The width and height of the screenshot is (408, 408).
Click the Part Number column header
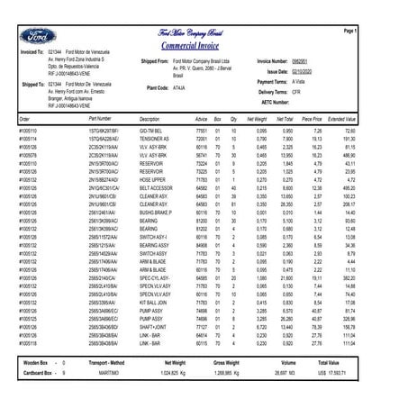[100, 118]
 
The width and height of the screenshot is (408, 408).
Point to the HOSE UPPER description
[152, 180]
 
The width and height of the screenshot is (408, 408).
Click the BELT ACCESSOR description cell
[155, 188]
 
